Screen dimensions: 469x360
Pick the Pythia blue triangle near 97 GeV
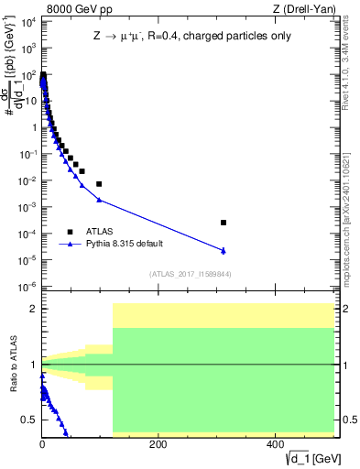pyautogui.click(x=99, y=200)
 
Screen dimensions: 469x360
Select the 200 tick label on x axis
pyautogui.click(x=158, y=444)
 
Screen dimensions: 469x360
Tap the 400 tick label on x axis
pyautogui.click(x=274, y=444)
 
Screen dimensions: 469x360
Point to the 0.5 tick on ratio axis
pyautogui.click(x=29, y=420)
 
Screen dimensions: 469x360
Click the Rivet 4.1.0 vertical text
pyautogui.click(x=349, y=69)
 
